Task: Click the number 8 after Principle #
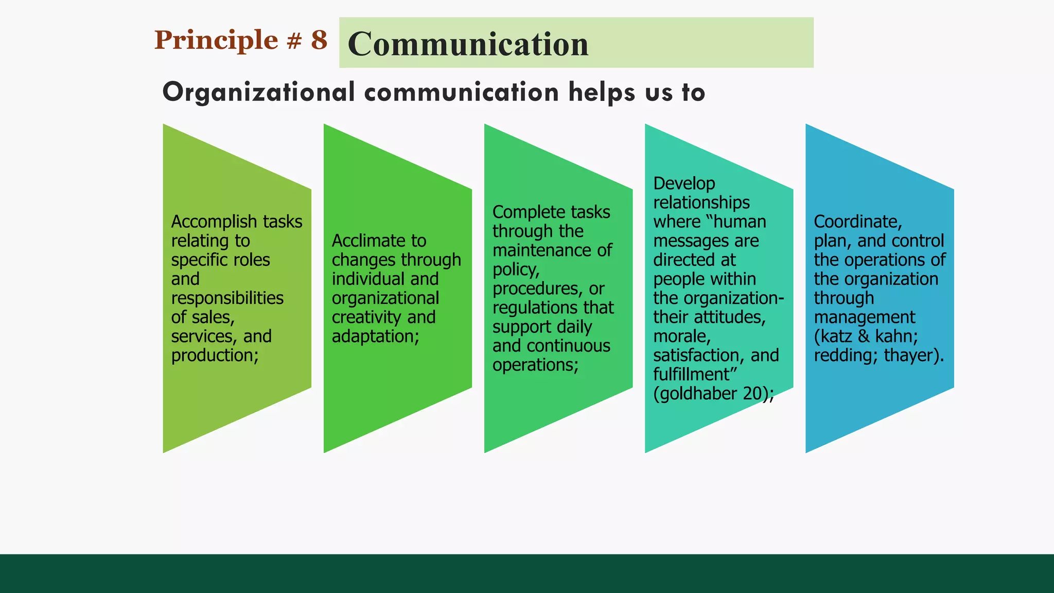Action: (x=319, y=40)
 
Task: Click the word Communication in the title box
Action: (x=468, y=44)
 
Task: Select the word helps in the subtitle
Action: (x=602, y=93)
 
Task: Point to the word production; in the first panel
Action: (x=215, y=356)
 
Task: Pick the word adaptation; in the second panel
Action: (x=375, y=337)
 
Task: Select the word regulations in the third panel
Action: (x=535, y=308)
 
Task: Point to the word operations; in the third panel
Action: (x=535, y=365)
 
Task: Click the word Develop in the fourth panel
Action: (x=684, y=184)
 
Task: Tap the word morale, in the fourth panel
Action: (x=682, y=337)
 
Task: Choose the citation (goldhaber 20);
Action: (x=713, y=394)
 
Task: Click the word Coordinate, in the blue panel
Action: (x=857, y=222)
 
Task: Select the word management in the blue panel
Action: (x=864, y=318)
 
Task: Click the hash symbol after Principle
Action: (x=294, y=41)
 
